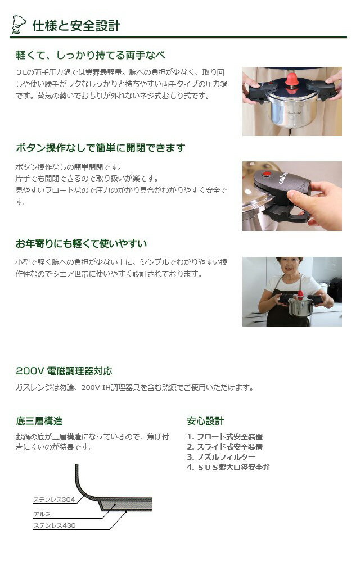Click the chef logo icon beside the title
click(x=19, y=24)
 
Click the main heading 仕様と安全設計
click(x=76, y=26)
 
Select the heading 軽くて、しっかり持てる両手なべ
click(x=91, y=55)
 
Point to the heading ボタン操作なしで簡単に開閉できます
click(x=100, y=148)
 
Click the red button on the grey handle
click(x=267, y=174)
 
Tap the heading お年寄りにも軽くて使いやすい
click(x=81, y=244)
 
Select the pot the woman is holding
click(x=300, y=306)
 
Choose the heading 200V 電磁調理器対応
click(x=64, y=371)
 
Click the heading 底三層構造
click(x=39, y=421)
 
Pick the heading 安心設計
click(x=205, y=421)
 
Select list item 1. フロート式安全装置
click(x=225, y=437)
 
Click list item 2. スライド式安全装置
click(x=225, y=447)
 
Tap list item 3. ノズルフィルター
click(x=221, y=457)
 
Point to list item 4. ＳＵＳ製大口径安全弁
click(x=228, y=467)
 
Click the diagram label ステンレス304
click(x=54, y=500)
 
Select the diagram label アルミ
click(x=42, y=514)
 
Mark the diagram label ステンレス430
click(x=55, y=525)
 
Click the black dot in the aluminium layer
click(x=114, y=505)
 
